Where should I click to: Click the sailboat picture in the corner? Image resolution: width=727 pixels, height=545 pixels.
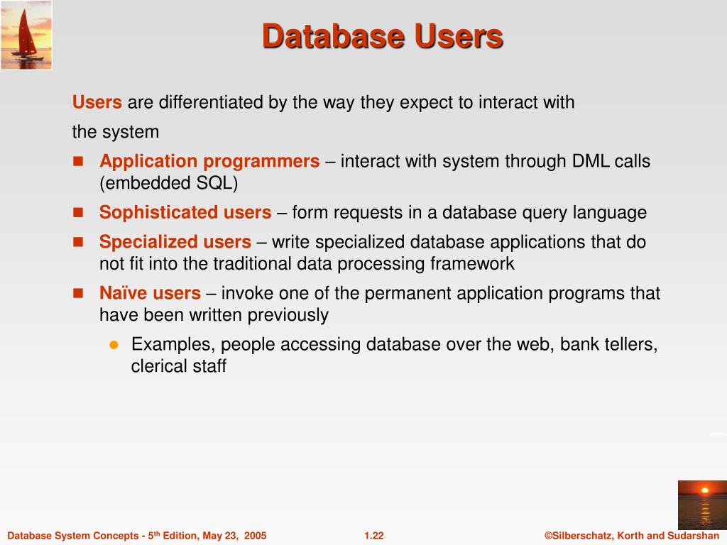point(26,35)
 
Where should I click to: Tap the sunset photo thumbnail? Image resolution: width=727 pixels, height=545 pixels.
point(701,505)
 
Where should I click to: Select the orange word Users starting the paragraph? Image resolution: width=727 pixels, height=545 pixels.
point(97,102)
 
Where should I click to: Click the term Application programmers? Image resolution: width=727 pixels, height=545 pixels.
point(209,161)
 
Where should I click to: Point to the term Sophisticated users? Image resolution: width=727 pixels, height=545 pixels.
point(185,212)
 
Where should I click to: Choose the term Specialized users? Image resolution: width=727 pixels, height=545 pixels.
point(175,242)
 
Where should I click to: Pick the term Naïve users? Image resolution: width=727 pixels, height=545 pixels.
point(150,293)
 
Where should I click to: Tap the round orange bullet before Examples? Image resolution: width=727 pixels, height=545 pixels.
point(113,345)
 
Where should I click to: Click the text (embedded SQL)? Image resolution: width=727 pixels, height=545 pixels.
point(168,183)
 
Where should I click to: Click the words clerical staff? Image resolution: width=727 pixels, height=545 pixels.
point(178,367)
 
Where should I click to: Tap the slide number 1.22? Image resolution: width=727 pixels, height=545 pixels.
point(373,536)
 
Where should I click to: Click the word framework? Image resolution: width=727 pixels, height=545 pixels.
point(471,264)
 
